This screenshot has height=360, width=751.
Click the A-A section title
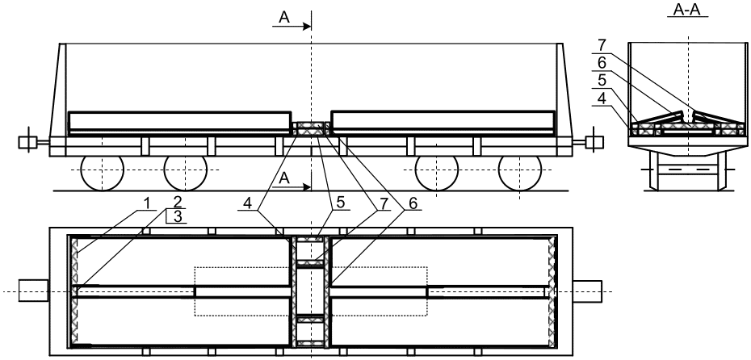687,10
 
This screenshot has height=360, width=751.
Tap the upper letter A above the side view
284,18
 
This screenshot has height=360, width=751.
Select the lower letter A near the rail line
284,178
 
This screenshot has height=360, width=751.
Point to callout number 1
148,203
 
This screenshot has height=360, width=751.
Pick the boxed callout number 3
178,216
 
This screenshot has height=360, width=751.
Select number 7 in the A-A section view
602,46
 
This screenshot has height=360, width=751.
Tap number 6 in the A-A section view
602,64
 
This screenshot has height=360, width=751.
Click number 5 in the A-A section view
602,81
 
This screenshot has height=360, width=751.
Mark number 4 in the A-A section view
602,98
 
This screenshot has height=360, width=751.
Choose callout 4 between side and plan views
247,203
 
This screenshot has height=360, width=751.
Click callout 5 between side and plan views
340,203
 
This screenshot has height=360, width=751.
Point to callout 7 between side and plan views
382,203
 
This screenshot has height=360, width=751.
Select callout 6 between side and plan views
413,203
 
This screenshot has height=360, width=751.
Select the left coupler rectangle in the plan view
34,291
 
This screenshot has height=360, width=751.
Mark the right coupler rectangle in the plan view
588,291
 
